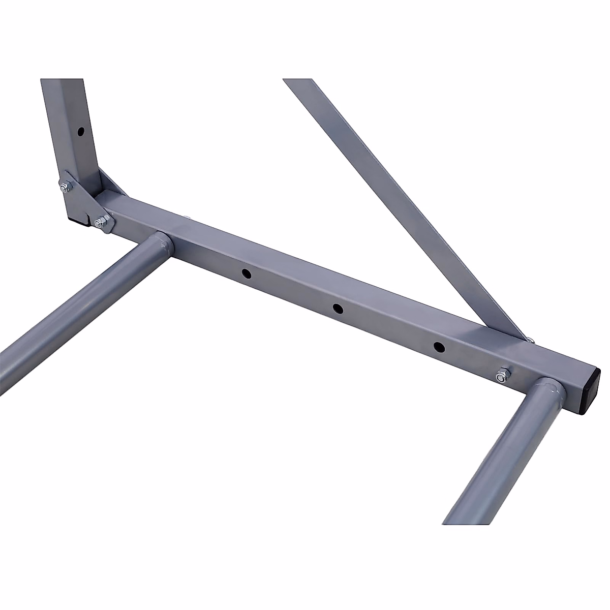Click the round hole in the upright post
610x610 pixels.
coord(80,132)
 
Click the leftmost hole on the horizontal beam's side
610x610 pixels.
coord(246,273)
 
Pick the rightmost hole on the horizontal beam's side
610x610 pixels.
coord(438,347)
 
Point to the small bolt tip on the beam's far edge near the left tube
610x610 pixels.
coord(189,217)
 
